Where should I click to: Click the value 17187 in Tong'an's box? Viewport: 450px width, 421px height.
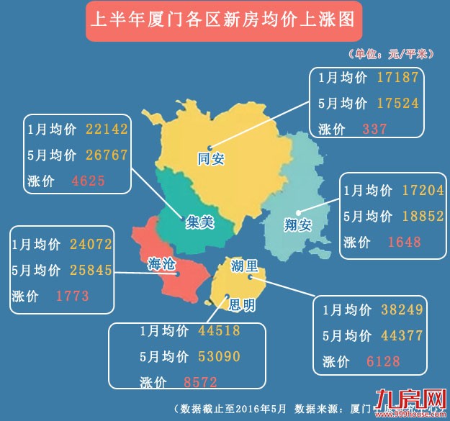[x=397, y=77]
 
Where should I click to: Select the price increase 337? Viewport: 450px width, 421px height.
[x=374, y=130]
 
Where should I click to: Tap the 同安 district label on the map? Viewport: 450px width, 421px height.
[x=211, y=158]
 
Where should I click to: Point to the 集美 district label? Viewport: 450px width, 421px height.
[x=200, y=222]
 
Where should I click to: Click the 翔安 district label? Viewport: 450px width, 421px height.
[x=297, y=225]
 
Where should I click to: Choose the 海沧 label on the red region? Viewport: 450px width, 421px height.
[x=160, y=263]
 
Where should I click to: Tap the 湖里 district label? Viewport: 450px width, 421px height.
[x=245, y=266]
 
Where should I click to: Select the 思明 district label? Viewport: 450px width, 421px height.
[x=241, y=305]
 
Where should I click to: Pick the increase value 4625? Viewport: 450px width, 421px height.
[x=88, y=181]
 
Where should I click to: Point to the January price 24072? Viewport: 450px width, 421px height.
[x=91, y=244]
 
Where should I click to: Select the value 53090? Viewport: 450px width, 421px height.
[x=219, y=356]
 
